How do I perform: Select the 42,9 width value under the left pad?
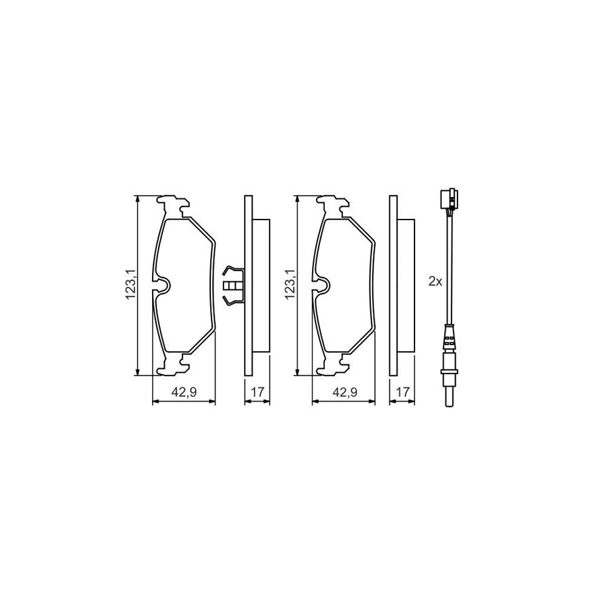(x=184, y=392)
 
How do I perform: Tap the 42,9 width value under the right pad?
(x=344, y=392)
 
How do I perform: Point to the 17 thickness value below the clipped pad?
(x=257, y=392)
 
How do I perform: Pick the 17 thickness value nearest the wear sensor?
(x=401, y=392)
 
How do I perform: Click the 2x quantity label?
(x=434, y=281)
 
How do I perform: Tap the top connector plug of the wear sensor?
(x=448, y=198)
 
